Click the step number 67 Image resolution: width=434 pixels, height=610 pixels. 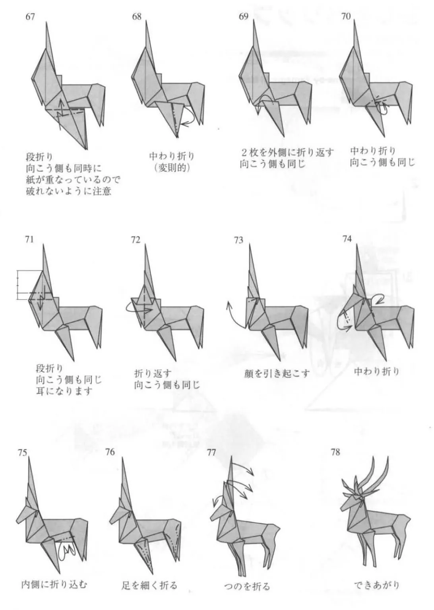pos(30,17)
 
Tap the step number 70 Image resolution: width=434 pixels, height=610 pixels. pos(346,17)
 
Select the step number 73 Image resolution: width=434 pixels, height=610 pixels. pos(238,241)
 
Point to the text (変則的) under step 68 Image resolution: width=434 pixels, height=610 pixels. pos(171,168)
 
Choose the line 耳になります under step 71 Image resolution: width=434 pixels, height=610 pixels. pos(64,391)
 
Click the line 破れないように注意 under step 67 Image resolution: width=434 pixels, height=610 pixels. pos(69,191)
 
